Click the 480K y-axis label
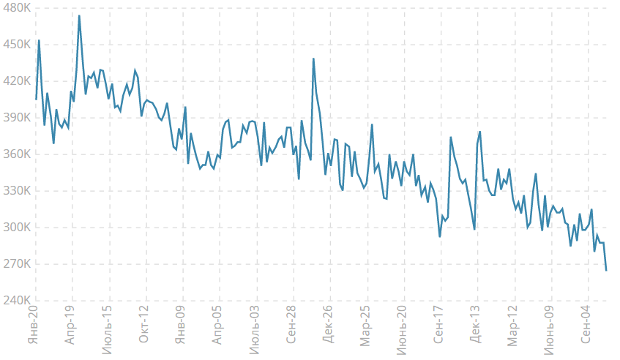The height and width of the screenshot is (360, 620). click(x=17, y=7)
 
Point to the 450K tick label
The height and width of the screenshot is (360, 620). click(x=17, y=44)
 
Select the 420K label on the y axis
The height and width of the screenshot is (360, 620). click(x=17, y=81)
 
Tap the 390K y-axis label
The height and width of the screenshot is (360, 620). click(x=17, y=117)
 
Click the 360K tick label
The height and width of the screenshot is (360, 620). click(x=17, y=154)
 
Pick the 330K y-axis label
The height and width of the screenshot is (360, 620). click(x=17, y=190)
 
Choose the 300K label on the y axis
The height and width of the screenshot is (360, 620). click(x=17, y=228)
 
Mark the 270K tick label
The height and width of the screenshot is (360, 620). click(x=17, y=263)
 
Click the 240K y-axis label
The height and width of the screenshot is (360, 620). click(x=17, y=300)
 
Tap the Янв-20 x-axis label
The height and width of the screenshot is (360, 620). click(x=33, y=324)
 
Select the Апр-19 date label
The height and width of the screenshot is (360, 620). click(x=70, y=324)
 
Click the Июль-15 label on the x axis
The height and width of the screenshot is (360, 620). click(x=107, y=329)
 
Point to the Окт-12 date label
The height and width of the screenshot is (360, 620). click(x=143, y=324)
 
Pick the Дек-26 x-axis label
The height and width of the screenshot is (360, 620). click(x=328, y=324)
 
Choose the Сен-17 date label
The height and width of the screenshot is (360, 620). click(x=438, y=324)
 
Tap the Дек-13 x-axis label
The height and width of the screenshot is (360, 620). click(x=475, y=324)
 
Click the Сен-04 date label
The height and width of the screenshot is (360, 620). click(x=586, y=324)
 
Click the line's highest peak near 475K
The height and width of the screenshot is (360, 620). click(x=79, y=16)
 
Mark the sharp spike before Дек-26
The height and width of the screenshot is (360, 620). click(x=313, y=59)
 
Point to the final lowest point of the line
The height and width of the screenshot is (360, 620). click(x=606, y=270)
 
